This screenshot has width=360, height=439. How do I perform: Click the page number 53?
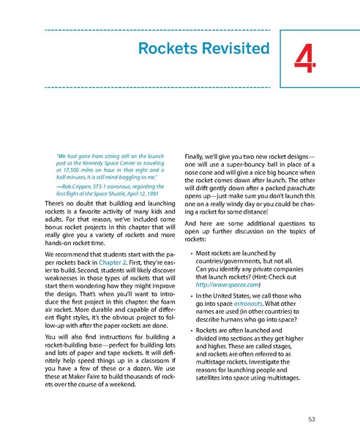coord(312,419)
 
